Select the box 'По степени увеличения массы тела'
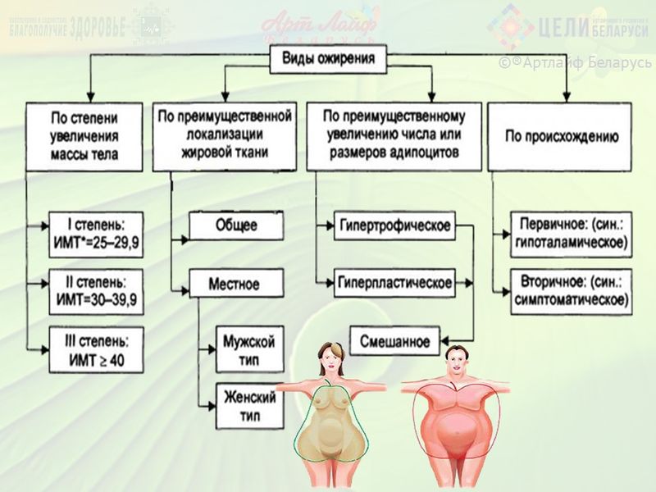[84, 136]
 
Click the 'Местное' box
[236, 285]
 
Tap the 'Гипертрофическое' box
[394, 225]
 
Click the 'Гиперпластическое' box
[394, 283]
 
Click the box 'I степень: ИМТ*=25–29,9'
[95, 232]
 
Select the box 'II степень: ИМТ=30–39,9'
[95, 291]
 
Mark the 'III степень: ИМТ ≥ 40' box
[95, 348]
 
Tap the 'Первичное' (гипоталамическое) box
[571, 233]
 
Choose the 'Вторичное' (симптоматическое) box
[571, 290]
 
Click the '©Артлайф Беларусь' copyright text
[574, 63]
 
